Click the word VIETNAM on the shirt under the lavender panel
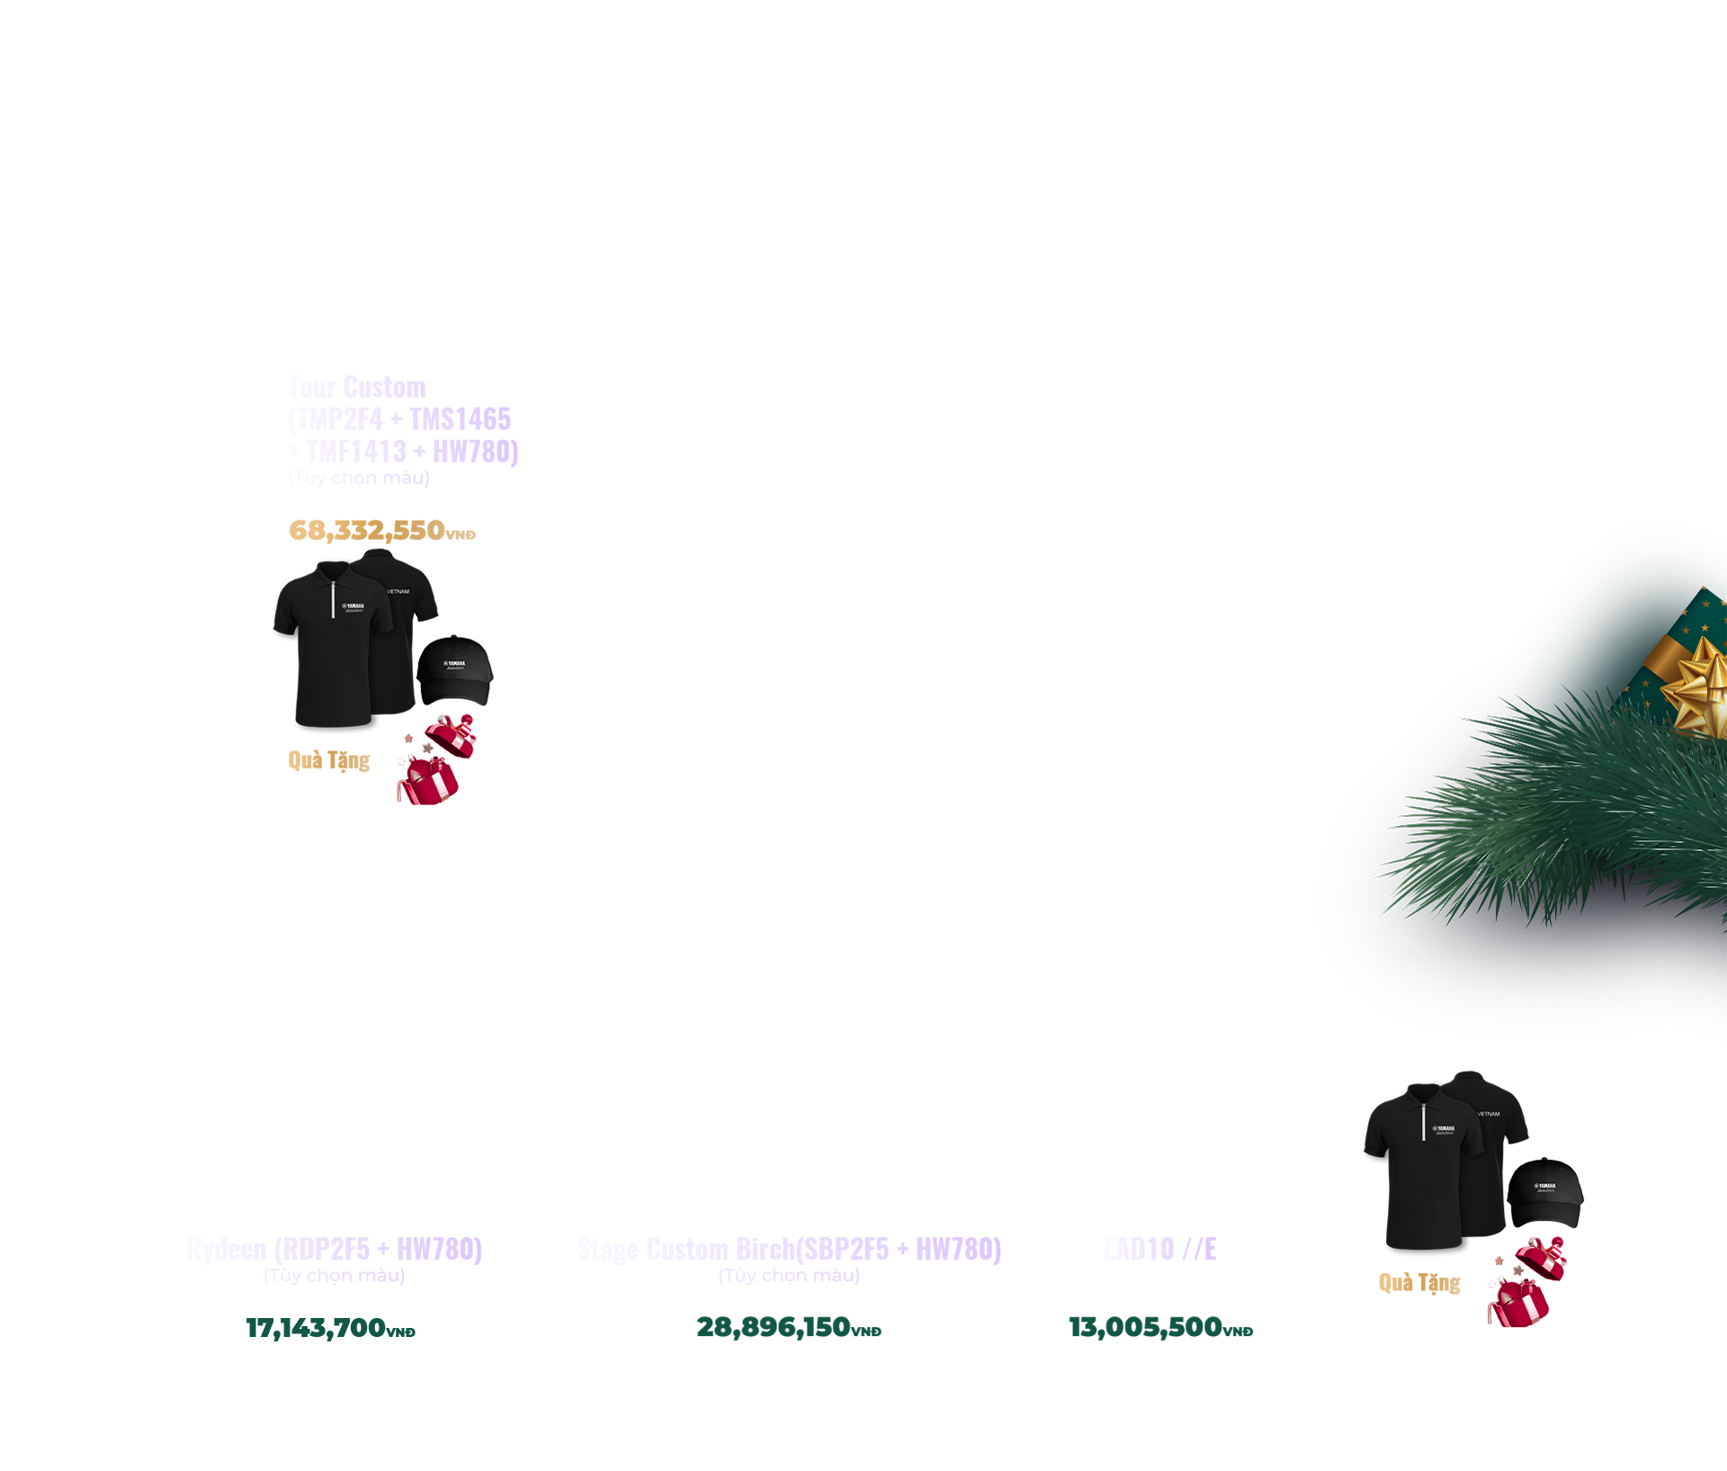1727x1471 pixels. point(398,592)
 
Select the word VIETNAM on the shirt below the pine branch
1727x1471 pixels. point(1488,1114)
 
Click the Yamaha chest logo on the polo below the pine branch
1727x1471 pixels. point(1444,1129)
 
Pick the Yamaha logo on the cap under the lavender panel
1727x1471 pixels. point(454,664)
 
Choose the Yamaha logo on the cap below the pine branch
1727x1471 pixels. point(1544,1187)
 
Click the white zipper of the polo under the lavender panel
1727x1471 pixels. point(335,598)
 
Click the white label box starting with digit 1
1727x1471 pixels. point(342,1328)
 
